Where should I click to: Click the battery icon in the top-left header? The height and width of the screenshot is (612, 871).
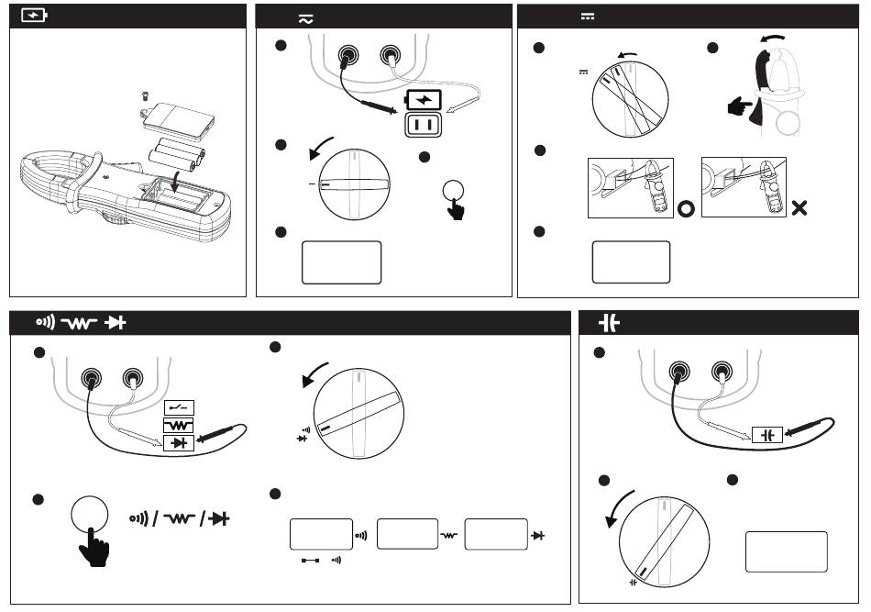coord(35,16)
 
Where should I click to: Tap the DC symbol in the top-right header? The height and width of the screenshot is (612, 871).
coord(588,17)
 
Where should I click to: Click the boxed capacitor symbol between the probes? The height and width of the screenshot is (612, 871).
coord(766,435)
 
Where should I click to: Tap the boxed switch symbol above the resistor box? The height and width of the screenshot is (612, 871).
coord(180,406)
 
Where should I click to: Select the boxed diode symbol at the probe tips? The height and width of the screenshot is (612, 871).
coord(180,444)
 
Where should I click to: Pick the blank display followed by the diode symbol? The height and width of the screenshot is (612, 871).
coord(495,533)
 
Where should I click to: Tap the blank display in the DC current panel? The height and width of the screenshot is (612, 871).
coord(631,262)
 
